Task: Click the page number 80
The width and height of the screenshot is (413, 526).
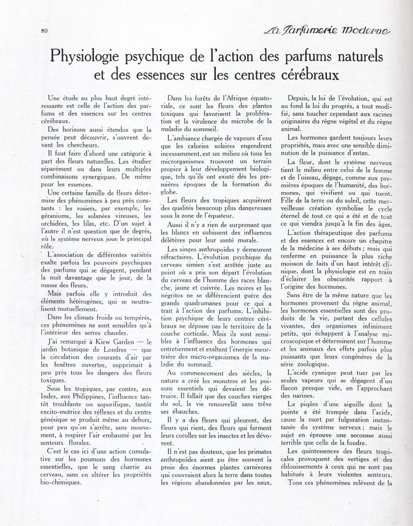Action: [x=44, y=30]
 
